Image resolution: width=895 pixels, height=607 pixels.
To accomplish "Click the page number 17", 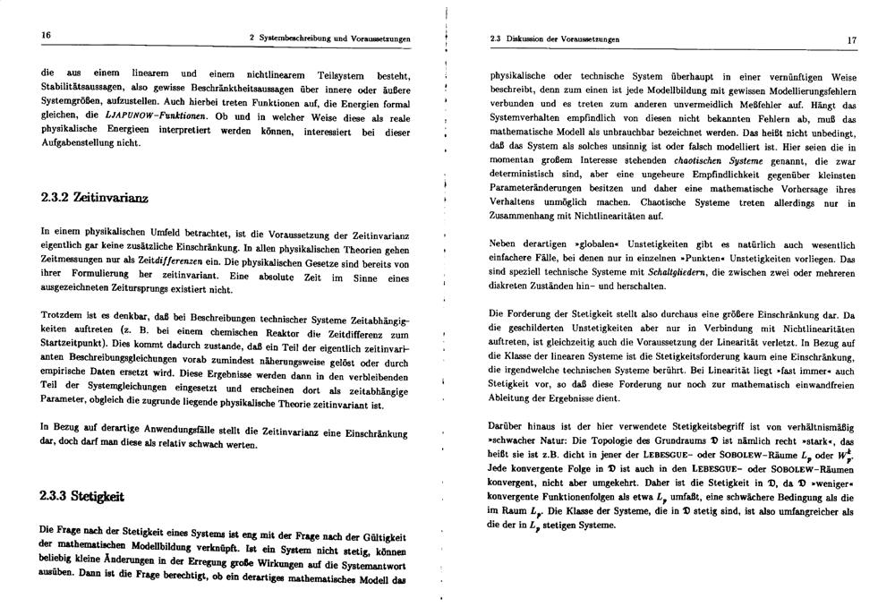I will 852,40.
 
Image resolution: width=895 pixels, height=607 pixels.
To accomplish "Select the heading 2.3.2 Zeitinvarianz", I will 94,195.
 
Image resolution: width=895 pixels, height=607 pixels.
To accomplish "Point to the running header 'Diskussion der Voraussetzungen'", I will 562,39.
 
